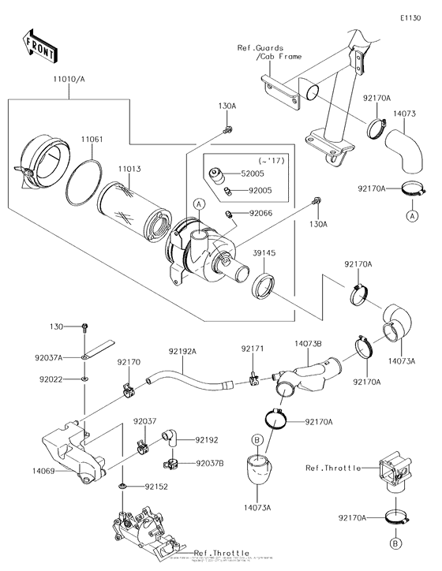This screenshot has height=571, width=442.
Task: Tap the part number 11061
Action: click(92, 139)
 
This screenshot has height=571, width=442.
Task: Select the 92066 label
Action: click(261, 213)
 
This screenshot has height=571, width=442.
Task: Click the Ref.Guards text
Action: click(260, 49)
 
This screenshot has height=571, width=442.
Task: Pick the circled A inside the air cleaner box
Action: click(200, 203)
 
